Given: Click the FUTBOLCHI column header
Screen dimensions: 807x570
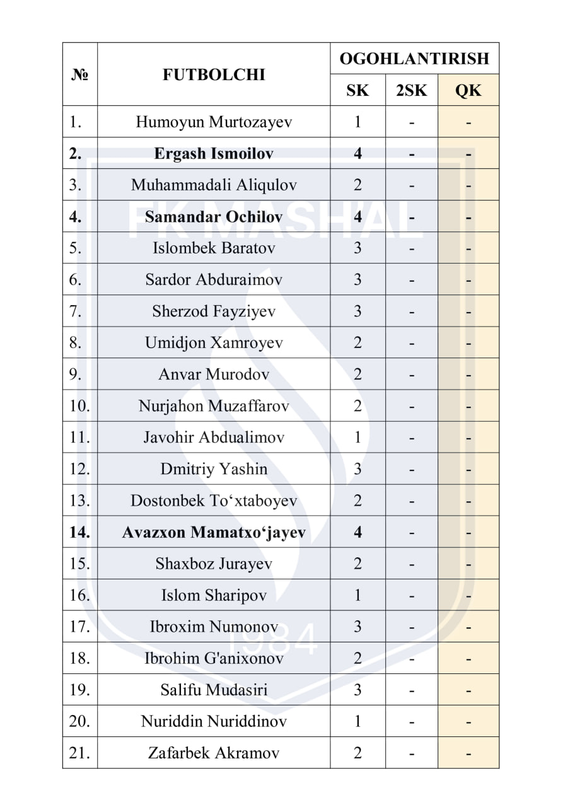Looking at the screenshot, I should [214, 74].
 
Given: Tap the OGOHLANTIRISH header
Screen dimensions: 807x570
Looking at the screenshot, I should [414, 59].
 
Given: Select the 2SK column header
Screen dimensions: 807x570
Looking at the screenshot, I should [411, 90].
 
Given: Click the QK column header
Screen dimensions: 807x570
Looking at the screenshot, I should [468, 90].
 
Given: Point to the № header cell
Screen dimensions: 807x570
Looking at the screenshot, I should [80, 74].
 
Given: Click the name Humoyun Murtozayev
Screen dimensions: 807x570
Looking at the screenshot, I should [214, 122].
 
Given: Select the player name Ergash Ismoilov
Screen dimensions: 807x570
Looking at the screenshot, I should [214, 153].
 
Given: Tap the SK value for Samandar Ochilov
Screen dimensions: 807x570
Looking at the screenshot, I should [358, 216].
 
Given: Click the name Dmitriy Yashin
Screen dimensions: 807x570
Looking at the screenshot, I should [214, 469].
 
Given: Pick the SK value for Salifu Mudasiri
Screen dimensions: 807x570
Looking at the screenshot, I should [358, 690].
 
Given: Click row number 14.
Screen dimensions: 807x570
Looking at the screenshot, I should [80, 532].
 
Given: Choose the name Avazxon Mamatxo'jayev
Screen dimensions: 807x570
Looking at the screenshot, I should [214, 532].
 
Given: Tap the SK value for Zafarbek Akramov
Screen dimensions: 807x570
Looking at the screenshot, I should [358, 753].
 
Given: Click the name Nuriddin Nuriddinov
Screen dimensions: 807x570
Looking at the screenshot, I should [214, 721].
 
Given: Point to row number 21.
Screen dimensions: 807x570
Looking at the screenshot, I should [80, 753].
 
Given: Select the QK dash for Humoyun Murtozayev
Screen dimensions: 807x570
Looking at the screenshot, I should [468, 122].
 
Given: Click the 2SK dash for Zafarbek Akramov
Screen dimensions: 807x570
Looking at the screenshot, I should [411, 753].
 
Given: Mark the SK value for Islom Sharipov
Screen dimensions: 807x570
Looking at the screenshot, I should [358, 595].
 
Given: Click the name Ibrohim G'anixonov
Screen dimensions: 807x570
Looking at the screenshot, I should [214, 658].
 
